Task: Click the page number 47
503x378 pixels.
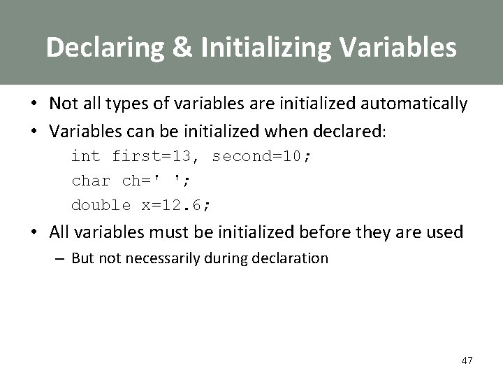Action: (467, 360)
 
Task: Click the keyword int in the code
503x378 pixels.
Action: (86, 156)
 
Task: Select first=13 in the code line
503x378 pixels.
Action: (156, 156)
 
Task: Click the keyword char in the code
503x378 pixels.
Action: (91, 181)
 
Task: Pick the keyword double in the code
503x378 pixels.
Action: (101, 205)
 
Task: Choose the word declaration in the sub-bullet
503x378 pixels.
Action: (293, 258)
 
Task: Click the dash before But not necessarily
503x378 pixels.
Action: (62, 258)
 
